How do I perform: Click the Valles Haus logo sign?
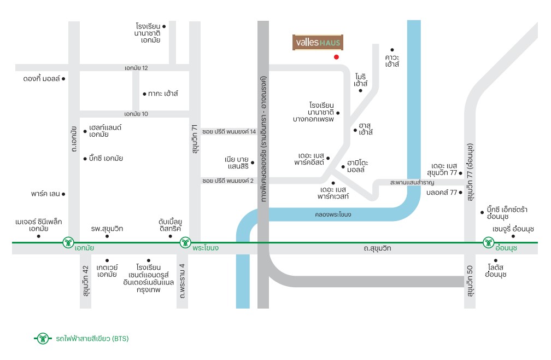click(x=318, y=43)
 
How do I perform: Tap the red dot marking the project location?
click(x=336, y=57)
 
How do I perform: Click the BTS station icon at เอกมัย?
click(x=68, y=242)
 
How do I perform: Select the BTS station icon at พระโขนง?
click(x=185, y=242)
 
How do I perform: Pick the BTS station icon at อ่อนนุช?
click(x=489, y=242)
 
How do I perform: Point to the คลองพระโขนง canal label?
click(x=333, y=214)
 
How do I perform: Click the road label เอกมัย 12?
click(x=136, y=68)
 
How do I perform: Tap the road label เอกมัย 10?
click(x=136, y=114)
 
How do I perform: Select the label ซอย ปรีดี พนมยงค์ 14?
click(x=229, y=131)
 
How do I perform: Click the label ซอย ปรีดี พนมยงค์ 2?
click(x=228, y=181)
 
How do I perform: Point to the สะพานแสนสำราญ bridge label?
click(x=412, y=182)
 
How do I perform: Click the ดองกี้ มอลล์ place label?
click(x=42, y=79)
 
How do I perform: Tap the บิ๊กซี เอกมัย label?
click(x=106, y=159)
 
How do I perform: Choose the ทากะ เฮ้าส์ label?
click(x=163, y=94)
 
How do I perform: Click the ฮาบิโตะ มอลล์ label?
click(x=357, y=166)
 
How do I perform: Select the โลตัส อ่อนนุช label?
click(x=496, y=271)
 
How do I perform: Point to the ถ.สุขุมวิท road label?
click(x=377, y=248)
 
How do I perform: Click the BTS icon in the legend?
click(x=43, y=339)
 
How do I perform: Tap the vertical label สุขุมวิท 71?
click(x=195, y=139)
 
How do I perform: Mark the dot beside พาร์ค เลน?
click(x=63, y=194)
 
